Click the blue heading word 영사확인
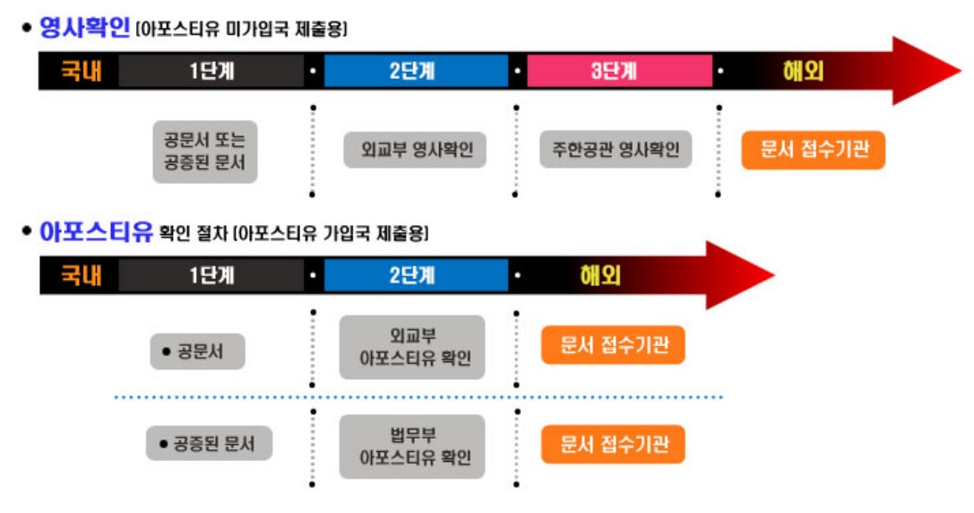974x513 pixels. [x=85, y=28]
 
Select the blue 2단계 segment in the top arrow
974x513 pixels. [x=416, y=71]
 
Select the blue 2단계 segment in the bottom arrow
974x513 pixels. [x=416, y=275]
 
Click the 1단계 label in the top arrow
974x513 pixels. [x=212, y=71]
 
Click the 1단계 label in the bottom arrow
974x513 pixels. [x=212, y=275]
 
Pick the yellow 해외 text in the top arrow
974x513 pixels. [x=803, y=71]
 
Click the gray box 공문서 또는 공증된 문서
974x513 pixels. [x=204, y=152]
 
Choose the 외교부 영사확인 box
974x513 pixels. [x=415, y=150]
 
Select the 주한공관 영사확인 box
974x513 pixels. [x=616, y=150]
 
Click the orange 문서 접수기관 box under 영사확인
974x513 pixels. [x=813, y=150]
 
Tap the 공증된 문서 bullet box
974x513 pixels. [x=210, y=443]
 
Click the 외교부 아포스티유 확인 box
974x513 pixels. [x=412, y=347]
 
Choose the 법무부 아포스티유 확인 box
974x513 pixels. [x=412, y=446]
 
